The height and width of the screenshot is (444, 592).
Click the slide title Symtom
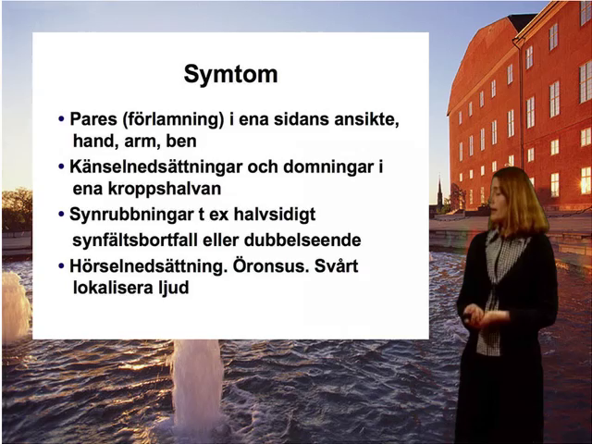pyautogui.click(x=230, y=74)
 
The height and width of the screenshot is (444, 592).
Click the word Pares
pyautogui.click(x=93, y=120)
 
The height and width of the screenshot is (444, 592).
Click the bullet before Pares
pyautogui.click(x=61, y=120)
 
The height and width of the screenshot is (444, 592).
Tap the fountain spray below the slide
pyautogui.click(x=197, y=379)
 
